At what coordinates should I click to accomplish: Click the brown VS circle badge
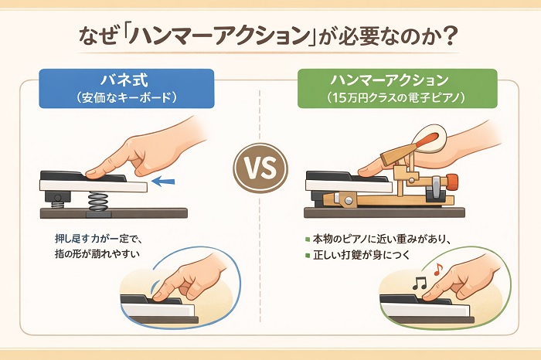(260, 168)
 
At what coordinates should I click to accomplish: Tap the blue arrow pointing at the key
(163, 181)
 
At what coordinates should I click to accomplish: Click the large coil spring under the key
(98, 202)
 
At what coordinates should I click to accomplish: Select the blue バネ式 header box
(127, 89)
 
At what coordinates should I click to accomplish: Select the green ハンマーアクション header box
(397, 89)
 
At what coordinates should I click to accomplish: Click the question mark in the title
(451, 36)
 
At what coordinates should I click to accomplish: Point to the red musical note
(438, 269)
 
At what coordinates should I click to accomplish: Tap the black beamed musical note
(420, 284)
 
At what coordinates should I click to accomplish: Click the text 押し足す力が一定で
(98, 239)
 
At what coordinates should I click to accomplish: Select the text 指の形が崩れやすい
(97, 254)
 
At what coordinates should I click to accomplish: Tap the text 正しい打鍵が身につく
(362, 255)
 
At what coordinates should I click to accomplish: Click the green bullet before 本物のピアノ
(308, 239)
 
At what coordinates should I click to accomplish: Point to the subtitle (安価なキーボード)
(127, 98)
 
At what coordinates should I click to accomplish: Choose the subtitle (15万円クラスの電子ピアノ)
(397, 98)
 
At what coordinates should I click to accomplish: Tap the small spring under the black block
(58, 205)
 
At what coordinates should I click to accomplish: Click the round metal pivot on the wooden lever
(348, 199)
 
